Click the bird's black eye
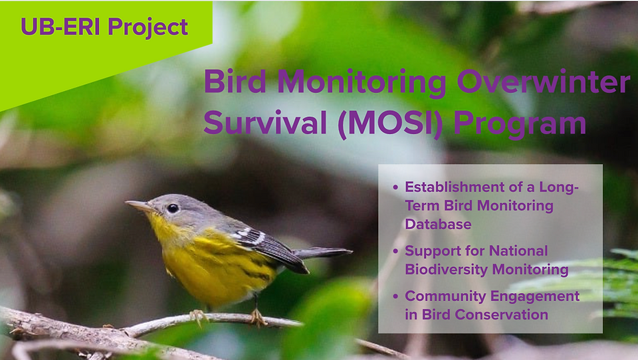coord(173,209)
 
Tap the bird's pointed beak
coord(138,205)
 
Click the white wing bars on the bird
coord(249,235)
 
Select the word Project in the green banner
coord(148,28)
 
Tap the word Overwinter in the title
coord(544,82)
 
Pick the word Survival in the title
coord(265,122)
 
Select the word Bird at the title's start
coord(235,81)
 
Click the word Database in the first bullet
coord(438,224)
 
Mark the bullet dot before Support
coord(395,251)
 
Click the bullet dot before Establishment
coord(395,187)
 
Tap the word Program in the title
coord(520,124)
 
